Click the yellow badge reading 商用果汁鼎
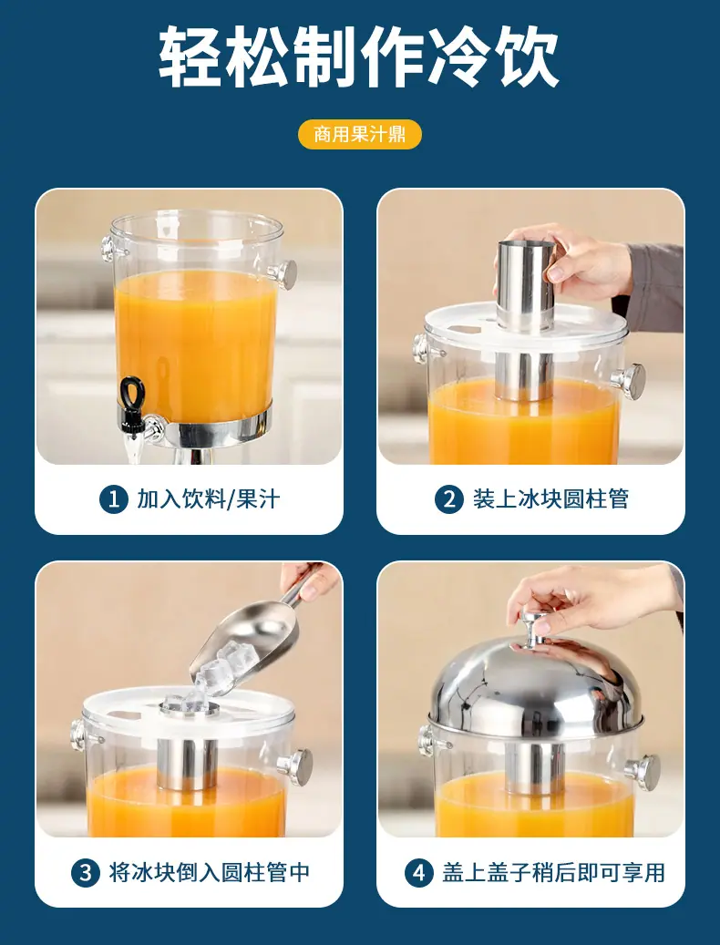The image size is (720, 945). (360, 134)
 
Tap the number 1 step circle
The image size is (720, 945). (114, 499)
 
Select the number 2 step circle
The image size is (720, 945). (449, 499)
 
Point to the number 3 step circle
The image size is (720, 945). (86, 872)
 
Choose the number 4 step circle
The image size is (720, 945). (418, 872)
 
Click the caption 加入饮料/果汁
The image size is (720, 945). (209, 499)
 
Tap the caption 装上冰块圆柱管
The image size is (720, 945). (550, 499)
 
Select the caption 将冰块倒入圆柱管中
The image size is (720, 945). (209, 872)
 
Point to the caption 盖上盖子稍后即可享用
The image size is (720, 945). (554, 872)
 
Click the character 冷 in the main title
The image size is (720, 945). (461, 56)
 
